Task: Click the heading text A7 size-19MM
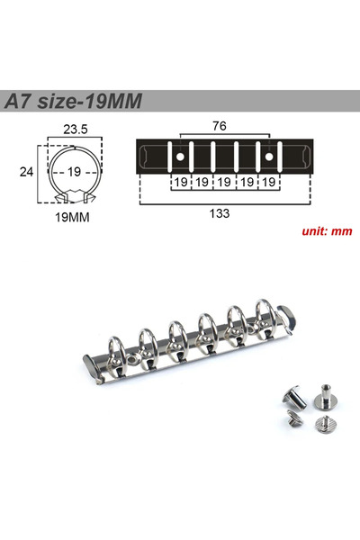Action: tap(73, 101)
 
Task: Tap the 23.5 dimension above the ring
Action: tap(76, 130)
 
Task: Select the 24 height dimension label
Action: tap(26, 172)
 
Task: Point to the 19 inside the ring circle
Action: tap(74, 172)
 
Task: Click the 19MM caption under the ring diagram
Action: tap(72, 217)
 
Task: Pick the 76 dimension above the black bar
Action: tap(220, 126)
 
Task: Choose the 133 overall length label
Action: tap(220, 213)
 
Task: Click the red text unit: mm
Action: tap(327, 230)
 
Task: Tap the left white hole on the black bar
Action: tap(180, 157)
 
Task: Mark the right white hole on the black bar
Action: tap(269, 157)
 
